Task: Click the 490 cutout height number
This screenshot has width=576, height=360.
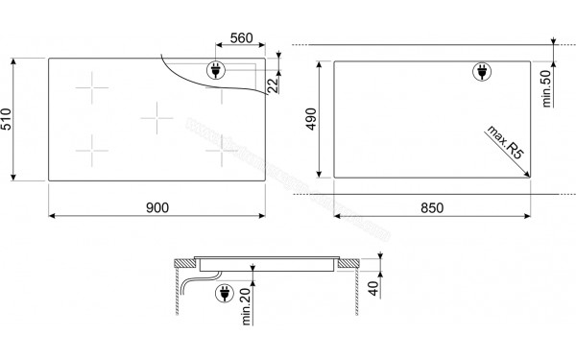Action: [311, 119]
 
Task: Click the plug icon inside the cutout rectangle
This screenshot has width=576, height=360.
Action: [480, 71]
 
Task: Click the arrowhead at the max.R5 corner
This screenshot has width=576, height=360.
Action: [529, 173]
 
